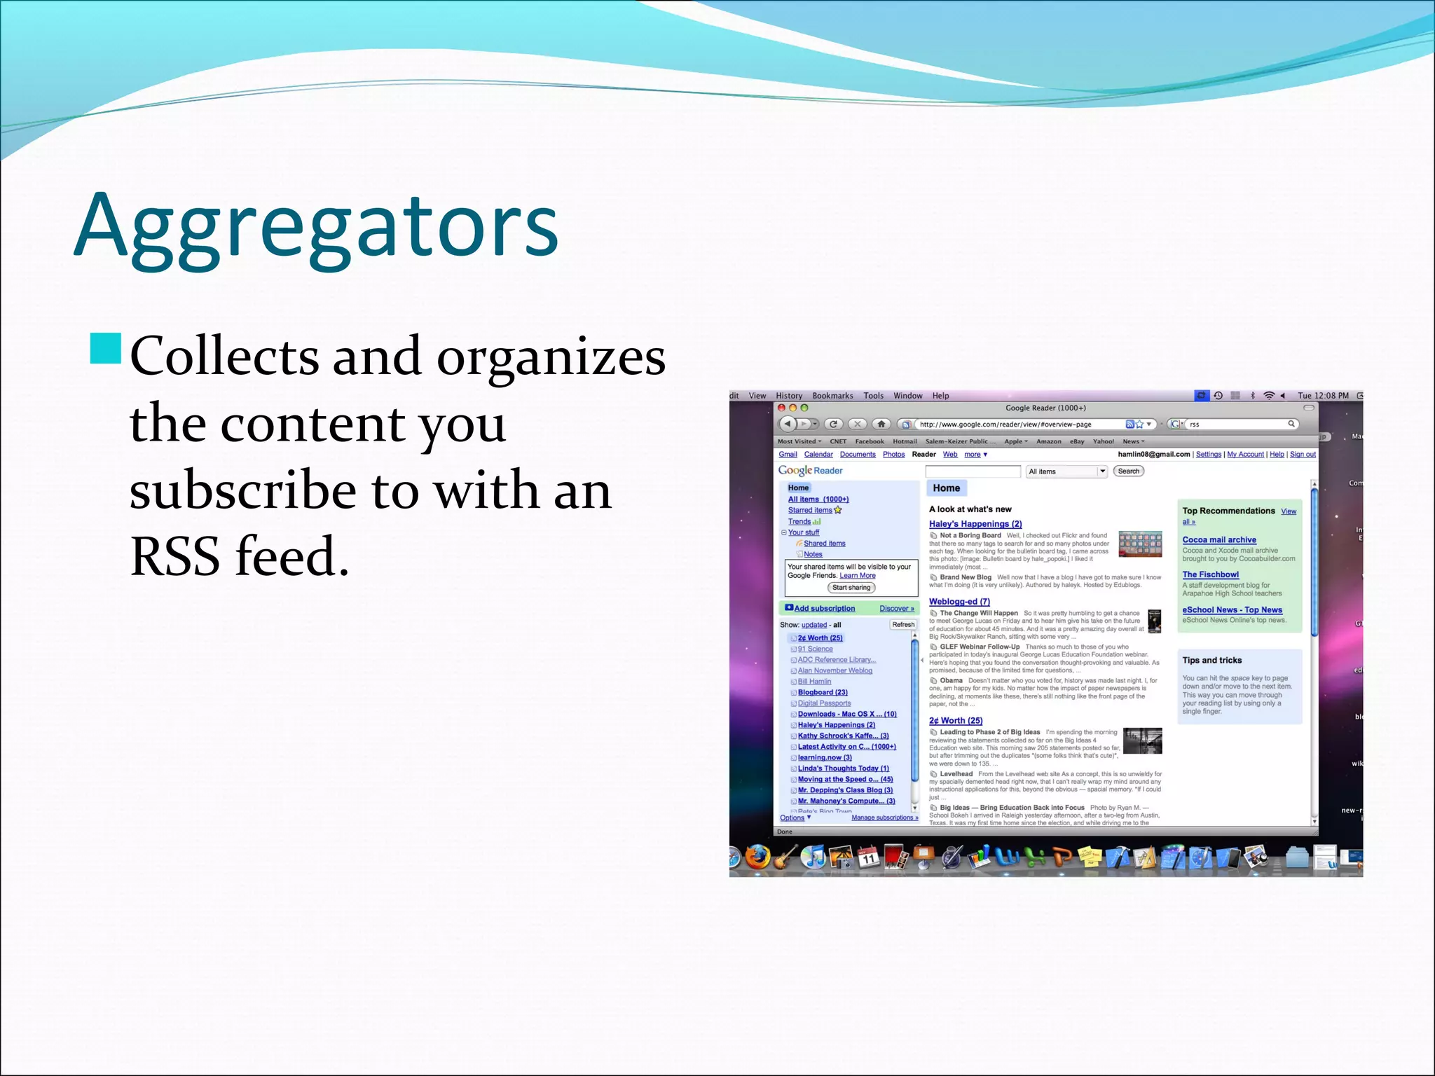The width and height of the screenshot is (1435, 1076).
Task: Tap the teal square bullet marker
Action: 106,349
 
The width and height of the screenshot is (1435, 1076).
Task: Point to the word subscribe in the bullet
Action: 242,490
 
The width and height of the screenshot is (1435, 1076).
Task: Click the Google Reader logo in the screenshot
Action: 810,471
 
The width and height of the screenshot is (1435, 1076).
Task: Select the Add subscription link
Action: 824,609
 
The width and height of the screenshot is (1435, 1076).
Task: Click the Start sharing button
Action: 851,588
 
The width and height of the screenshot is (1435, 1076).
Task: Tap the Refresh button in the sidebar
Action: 903,625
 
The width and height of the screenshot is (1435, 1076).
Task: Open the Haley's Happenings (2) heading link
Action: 975,524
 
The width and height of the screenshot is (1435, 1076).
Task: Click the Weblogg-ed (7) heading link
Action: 959,602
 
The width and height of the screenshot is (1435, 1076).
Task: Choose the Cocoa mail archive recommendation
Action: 1219,540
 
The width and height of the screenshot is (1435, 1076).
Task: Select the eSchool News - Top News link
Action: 1232,610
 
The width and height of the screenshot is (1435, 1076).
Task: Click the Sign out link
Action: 1303,455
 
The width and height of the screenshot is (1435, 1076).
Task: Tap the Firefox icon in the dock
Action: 757,857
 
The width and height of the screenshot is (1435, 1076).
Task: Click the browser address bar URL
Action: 1005,425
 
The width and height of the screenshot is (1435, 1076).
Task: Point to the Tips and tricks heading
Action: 1211,661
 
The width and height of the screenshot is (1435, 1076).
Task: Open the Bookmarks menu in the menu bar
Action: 832,396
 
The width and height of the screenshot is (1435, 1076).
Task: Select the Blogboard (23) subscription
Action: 823,693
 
